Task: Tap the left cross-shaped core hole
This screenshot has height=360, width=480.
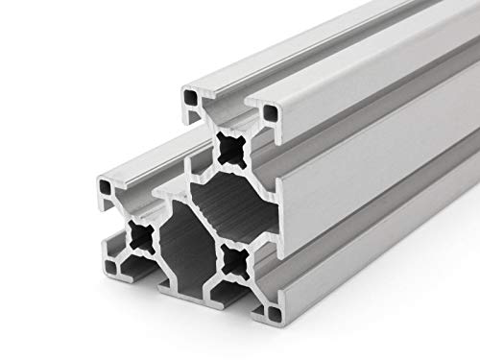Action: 141,237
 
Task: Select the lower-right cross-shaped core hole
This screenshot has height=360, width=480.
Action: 230,256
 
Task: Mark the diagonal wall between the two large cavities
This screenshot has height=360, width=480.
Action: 197,230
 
